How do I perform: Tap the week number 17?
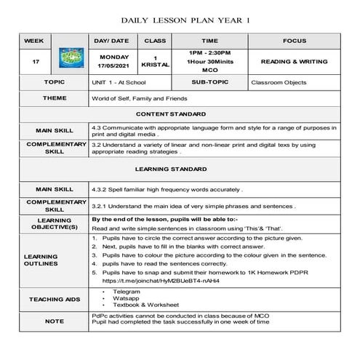36,62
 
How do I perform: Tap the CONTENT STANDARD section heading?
179,114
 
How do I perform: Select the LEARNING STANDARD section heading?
179,169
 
